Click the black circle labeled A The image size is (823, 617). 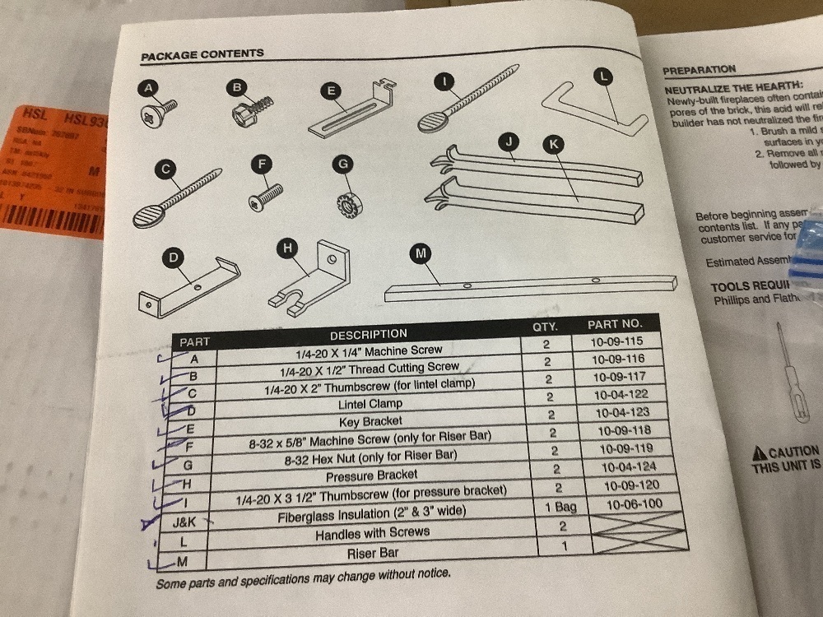coord(148,88)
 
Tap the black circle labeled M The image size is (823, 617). coord(421,254)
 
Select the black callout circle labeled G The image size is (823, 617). coord(342,164)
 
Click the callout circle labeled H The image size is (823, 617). coord(287,246)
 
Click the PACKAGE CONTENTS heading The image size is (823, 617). coord(202,54)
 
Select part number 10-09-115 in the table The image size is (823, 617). coord(616,341)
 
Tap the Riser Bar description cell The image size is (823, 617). coord(372,554)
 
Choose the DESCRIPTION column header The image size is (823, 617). coord(368,334)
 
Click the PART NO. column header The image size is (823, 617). coord(614,324)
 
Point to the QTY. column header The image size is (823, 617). coord(545,326)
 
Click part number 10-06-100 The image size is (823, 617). coord(633,503)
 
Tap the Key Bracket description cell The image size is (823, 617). coord(370,420)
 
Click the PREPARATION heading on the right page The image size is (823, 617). coord(699,71)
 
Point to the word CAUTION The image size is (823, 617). coord(793,452)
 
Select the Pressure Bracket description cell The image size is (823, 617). coord(372,475)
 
